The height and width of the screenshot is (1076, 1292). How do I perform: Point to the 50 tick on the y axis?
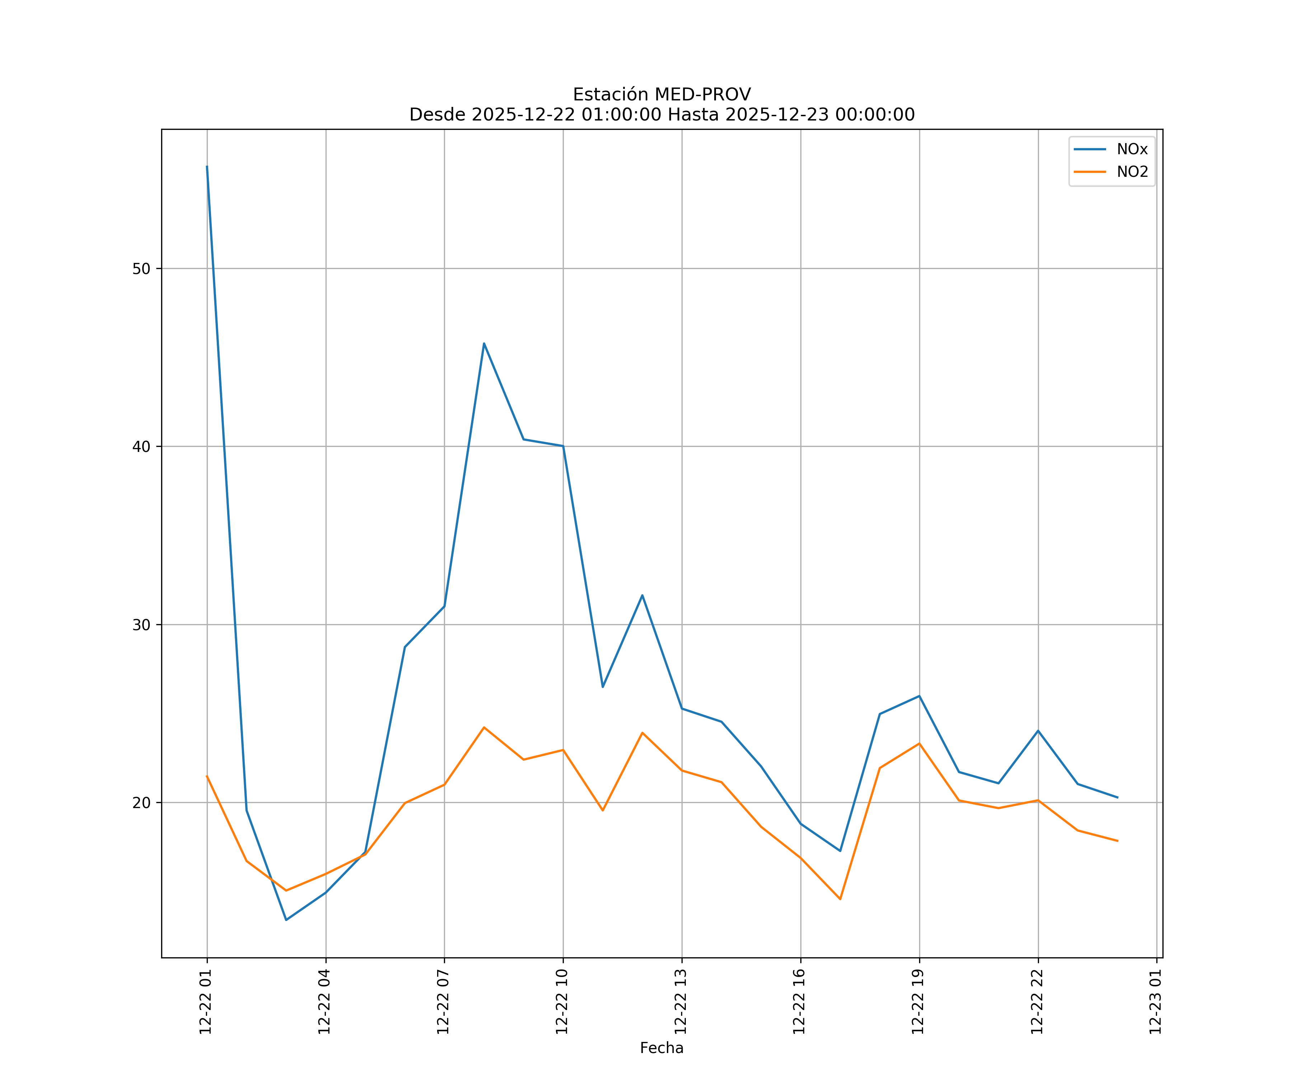pos(141,269)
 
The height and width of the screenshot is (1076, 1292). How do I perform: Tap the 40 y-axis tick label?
pos(141,447)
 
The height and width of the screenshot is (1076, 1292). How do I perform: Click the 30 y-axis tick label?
pos(141,625)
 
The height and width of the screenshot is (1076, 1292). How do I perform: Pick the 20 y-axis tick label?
pos(141,803)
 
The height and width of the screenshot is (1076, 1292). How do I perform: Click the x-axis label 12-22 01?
pos(206,1002)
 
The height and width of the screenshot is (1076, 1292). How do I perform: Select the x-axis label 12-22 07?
pos(444,1002)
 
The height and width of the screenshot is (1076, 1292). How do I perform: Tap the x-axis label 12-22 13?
pos(681,1002)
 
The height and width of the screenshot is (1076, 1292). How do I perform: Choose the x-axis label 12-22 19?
pos(918,1002)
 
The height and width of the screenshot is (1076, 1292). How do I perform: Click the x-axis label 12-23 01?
pos(1156,1002)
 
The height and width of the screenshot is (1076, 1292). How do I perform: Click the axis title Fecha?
pos(661,1048)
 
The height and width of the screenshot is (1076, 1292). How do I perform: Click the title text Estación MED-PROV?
pos(661,95)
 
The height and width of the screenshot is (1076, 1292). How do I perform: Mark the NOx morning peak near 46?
pos(484,343)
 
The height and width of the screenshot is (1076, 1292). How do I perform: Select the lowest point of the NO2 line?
pos(840,899)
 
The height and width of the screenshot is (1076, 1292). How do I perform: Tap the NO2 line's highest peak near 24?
pos(484,727)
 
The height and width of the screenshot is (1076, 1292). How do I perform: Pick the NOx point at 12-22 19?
pos(919,696)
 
